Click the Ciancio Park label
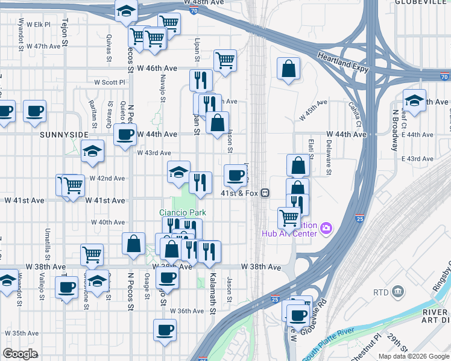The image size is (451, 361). [183, 212]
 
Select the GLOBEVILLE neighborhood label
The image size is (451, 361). [422, 2]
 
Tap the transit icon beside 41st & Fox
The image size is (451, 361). [265, 193]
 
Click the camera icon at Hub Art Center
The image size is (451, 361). [326, 227]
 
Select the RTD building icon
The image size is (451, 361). [399, 292]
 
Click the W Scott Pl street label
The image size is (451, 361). [109, 82]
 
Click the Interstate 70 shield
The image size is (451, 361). [444, 76]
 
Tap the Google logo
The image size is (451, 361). [20, 354]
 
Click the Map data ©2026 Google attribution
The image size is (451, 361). [413, 356]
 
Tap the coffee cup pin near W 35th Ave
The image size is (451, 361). [165, 329]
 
